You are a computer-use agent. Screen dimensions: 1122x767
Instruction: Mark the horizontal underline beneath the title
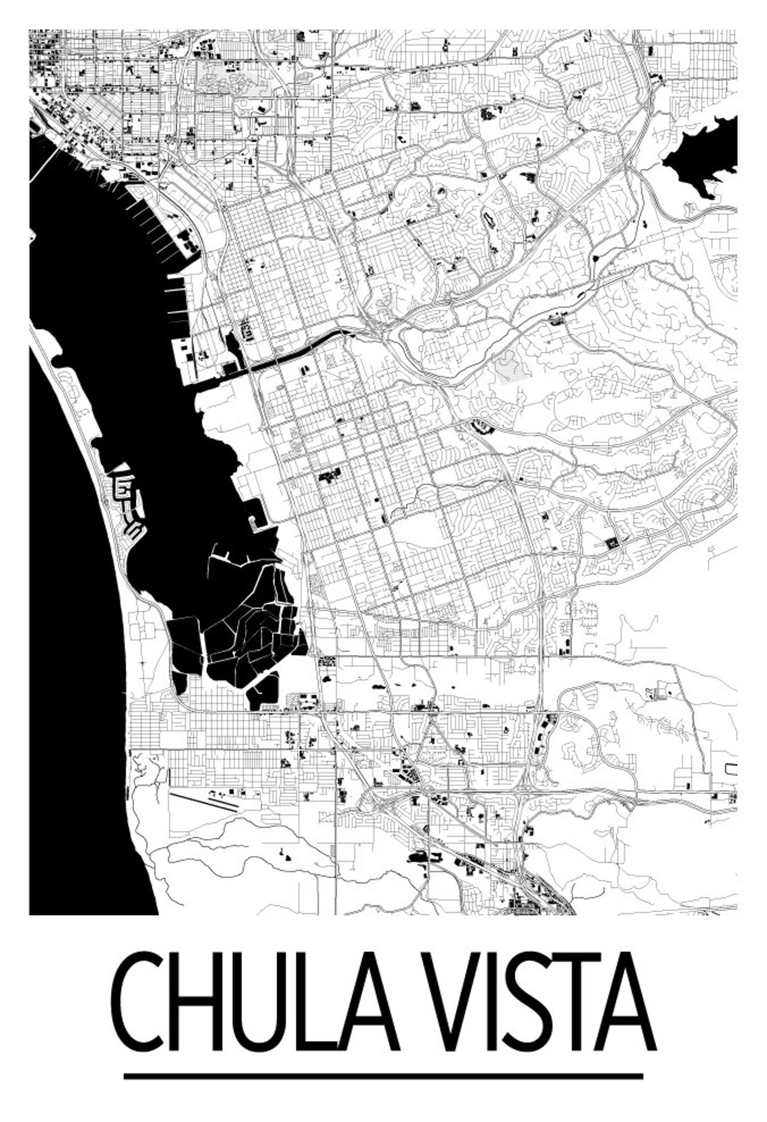point(383,1076)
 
